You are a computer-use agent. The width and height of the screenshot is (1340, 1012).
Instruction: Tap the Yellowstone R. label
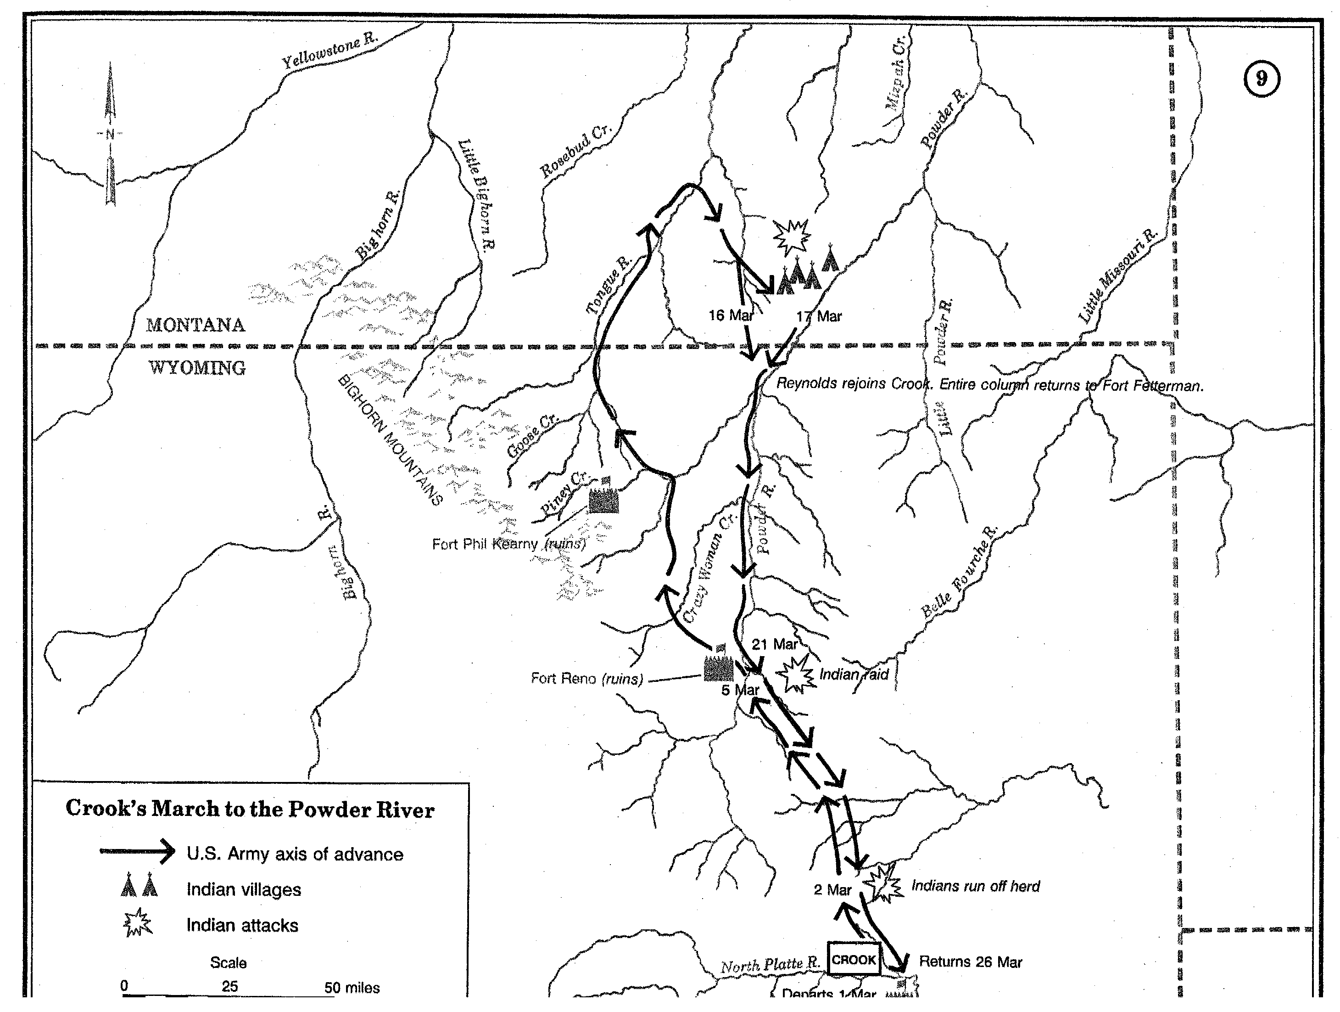(329, 51)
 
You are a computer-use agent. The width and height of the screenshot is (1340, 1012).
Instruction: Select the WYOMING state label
(197, 368)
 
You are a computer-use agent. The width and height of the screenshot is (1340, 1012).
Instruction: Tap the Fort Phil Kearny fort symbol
(603, 498)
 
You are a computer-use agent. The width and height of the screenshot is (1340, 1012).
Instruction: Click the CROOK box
(854, 959)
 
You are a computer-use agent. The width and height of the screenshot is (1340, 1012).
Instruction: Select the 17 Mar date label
(819, 316)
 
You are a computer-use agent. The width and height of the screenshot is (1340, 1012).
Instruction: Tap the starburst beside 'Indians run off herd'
(882, 884)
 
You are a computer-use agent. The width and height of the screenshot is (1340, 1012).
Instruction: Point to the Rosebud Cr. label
(575, 152)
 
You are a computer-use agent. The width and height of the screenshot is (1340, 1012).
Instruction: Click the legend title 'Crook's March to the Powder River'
(250, 809)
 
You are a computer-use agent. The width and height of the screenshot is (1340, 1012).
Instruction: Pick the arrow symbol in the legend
(138, 852)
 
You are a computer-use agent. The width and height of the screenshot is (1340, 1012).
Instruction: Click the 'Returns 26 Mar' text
(971, 961)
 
